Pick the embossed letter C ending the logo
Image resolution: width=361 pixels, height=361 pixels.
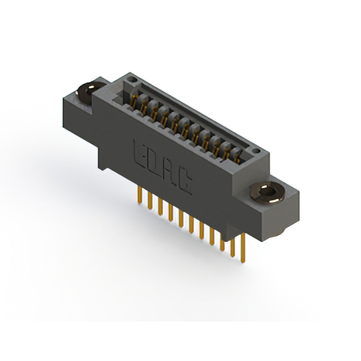coord(184,182)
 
